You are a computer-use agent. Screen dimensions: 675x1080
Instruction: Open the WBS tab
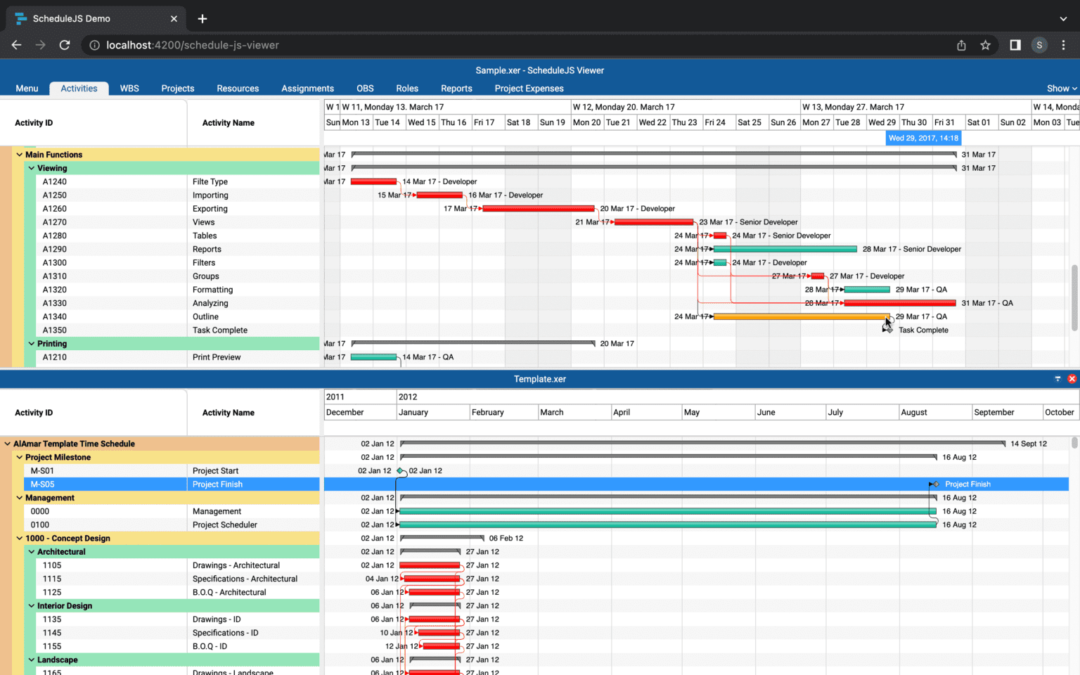129,89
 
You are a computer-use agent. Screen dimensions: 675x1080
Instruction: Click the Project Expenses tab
529,89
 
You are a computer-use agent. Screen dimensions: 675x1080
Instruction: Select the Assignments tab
307,89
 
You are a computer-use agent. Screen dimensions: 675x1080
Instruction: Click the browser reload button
65,45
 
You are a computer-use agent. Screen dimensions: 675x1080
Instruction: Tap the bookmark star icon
985,45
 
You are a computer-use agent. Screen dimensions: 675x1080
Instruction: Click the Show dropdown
1061,89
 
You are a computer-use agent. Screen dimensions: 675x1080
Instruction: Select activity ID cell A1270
55,222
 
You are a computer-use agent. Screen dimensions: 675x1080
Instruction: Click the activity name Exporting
210,209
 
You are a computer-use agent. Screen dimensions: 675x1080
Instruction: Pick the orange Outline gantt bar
801,317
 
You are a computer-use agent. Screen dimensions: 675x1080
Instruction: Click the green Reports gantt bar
785,250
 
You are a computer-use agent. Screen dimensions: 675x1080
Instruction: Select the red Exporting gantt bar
539,209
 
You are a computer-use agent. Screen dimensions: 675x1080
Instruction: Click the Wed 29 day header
882,122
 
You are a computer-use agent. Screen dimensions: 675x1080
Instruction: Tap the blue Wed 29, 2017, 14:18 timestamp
923,139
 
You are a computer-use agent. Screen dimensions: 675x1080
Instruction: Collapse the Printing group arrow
32,344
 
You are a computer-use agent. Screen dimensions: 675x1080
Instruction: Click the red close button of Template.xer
1072,379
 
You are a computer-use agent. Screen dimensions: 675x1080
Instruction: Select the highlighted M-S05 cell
42,484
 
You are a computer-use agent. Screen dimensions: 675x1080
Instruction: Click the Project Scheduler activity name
225,525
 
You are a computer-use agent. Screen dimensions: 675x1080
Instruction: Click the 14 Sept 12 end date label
1028,444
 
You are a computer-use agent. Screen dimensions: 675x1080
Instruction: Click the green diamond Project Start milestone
400,471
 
